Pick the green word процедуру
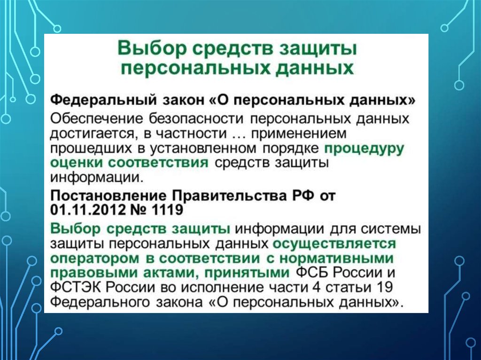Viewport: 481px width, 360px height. pyautogui.click(x=365, y=149)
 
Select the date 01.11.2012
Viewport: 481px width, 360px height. pyautogui.click(x=88, y=210)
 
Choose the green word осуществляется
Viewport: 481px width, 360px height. pyautogui.click(x=334, y=244)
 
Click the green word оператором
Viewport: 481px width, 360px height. pyautogui.click(x=94, y=258)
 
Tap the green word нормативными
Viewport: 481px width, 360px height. pyautogui.click(x=337, y=258)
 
